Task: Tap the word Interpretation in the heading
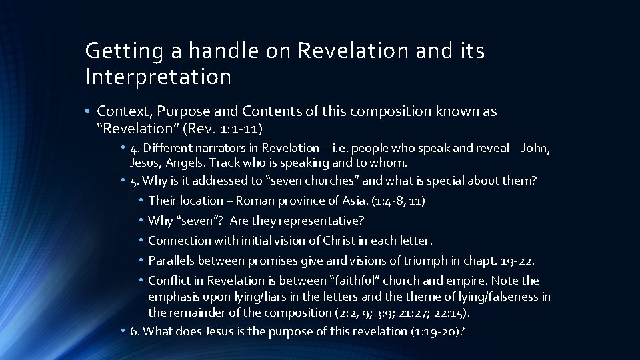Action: tap(158, 77)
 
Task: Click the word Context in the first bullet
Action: tap(121, 111)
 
